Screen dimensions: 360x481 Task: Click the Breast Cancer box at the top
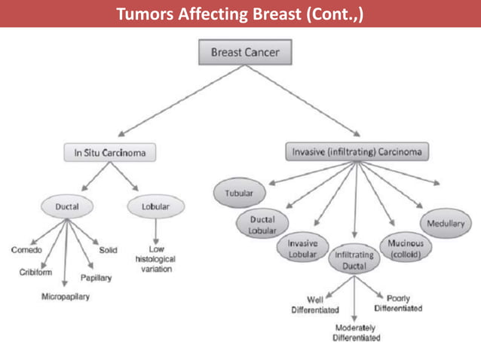click(x=244, y=53)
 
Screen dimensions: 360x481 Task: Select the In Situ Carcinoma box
click(x=109, y=152)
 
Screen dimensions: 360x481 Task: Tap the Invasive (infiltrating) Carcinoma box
click(x=357, y=151)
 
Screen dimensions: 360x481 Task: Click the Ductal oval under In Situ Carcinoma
click(x=67, y=205)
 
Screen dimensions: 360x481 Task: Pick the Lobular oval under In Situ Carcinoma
click(x=155, y=205)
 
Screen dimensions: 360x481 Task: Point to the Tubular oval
click(x=238, y=193)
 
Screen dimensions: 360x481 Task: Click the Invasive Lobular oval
click(x=302, y=249)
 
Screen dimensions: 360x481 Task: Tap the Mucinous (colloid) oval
click(x=406, y=249)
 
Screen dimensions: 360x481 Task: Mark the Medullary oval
click(x=446, y=224)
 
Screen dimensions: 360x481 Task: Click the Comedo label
click(x=26, y=249)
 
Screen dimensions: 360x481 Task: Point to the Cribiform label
click(x=35, y=272)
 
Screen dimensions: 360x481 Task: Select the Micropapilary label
click(x=66, y=296)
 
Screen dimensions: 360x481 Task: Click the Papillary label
click(x=96, y=278)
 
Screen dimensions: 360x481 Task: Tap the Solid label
click(x=109, y=249)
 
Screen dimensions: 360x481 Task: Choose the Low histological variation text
click(x=156, y=258)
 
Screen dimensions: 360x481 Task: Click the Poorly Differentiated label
click(x=398, y=304)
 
